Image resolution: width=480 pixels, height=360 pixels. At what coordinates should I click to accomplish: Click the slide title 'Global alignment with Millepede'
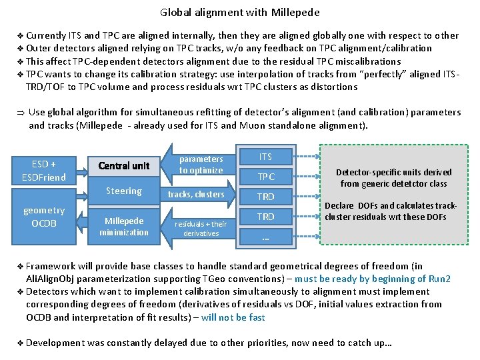click(240, 12)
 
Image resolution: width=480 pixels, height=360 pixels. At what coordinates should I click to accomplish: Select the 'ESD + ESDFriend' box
click(44, 170)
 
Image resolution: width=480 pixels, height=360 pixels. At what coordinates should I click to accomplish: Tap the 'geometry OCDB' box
click(44, 216)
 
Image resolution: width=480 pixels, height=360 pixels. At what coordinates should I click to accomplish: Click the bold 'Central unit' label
click(123, 165)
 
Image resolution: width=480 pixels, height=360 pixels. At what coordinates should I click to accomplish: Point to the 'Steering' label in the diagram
click(124, 191)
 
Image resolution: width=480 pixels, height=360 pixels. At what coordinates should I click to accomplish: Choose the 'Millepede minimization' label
click(124, 226)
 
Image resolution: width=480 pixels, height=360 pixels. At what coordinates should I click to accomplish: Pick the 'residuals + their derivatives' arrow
click(202, 228)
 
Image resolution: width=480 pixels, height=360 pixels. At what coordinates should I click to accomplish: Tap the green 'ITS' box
click(265, 157)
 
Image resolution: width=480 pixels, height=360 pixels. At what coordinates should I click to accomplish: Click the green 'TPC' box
click(265, 177)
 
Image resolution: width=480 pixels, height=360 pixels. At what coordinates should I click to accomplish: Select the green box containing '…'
click(265, 236)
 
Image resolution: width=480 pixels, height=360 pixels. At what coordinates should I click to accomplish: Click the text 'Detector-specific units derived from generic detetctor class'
click(393, 177)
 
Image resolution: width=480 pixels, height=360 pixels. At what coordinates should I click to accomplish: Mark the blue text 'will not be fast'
click(233, 317)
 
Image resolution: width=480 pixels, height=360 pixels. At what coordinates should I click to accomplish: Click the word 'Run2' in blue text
click(439, 279)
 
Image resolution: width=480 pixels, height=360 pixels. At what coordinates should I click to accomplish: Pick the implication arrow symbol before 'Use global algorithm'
click(20, 112)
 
